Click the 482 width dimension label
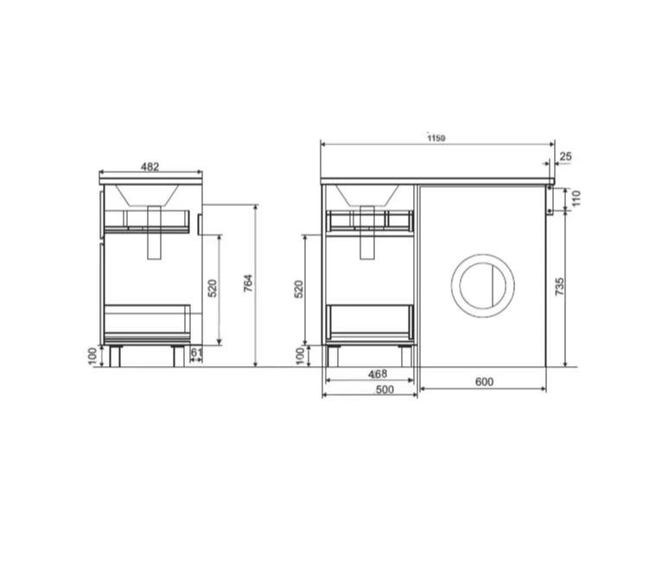click(150, 166)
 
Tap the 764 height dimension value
click(248, 283)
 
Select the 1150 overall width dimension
click(436, 138)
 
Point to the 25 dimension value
click(565, 157)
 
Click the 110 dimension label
click(576, 198)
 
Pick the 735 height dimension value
click(560, 286)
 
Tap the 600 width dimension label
click(484, 382)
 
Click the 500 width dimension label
click(385, 389)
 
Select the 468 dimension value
click(378, 374)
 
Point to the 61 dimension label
click(196, 352)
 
